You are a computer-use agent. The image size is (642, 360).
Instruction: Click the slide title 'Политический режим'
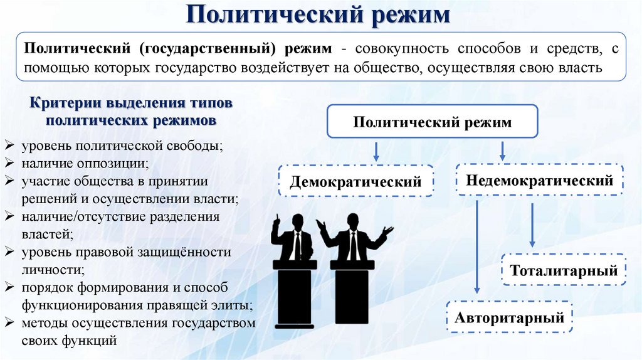coord(320,14)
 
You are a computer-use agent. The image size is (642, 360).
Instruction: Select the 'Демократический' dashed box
coord(355,181)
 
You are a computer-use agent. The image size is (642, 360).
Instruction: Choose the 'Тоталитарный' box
coord(564,270)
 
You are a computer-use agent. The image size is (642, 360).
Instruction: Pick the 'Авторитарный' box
coord(509,317)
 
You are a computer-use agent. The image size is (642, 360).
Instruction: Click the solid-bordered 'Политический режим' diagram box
coord(432,122)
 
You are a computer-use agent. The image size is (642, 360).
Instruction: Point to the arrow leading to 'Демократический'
coord(376,151)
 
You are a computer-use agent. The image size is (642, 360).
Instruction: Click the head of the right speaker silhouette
coord(353,220)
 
